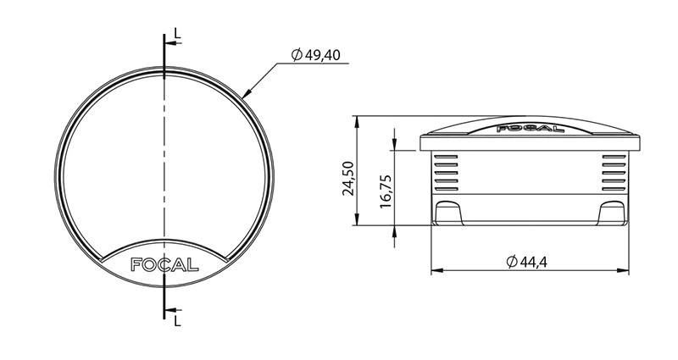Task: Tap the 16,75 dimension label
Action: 386,192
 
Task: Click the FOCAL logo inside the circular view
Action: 165,263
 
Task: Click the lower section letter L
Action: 175,321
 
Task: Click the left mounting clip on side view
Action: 449,213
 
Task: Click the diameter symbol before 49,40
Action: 296,55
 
